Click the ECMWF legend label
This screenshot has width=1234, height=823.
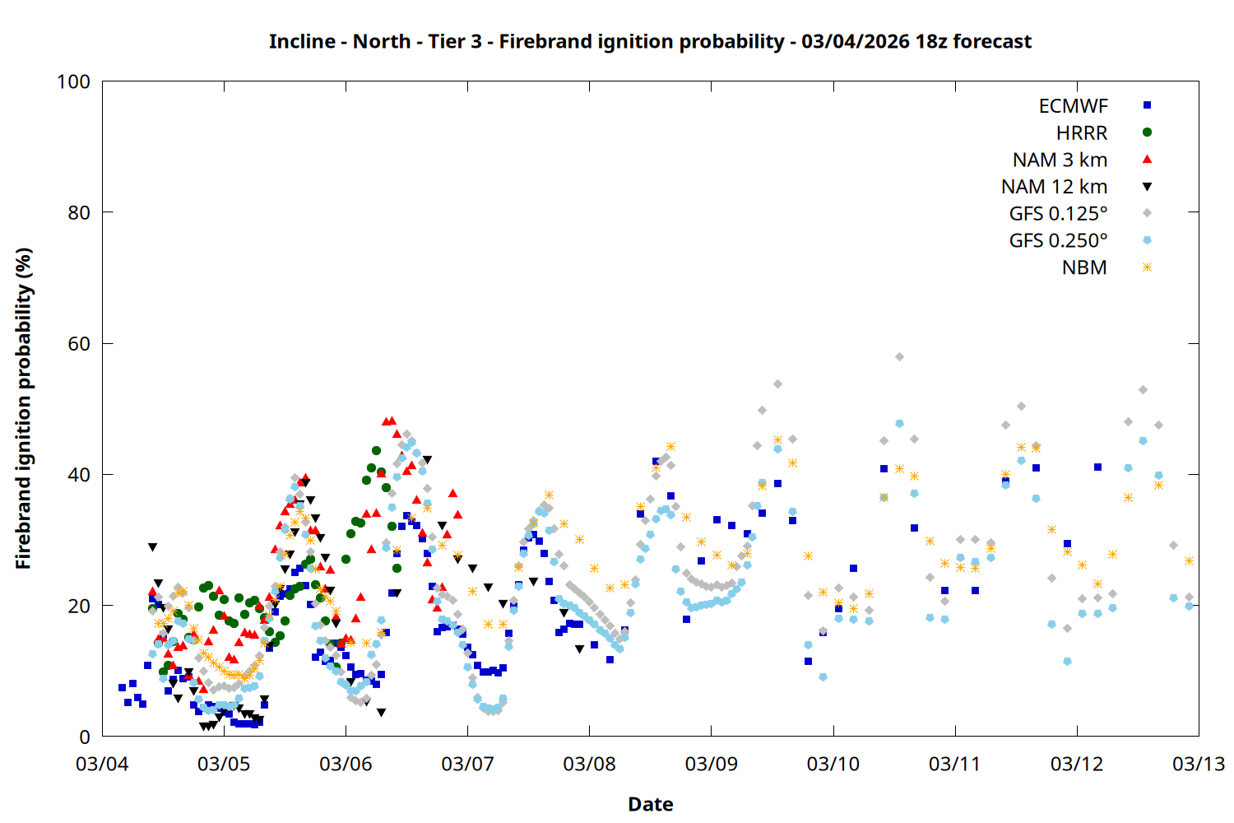[x=1073, y=106]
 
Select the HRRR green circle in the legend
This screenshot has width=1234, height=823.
[x=1147, y=133]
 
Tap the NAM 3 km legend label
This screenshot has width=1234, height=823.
[x=1060, y=160]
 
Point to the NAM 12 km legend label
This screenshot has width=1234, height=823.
[x=1054, y=187]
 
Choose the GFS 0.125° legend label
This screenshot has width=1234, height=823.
[x=1058, y=214]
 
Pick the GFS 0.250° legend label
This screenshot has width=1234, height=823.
[x=1058, y=241]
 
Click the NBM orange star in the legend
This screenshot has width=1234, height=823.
[x=1147, y=267]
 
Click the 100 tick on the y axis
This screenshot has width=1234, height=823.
[x=73, y=81]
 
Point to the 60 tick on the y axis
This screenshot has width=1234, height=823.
[x=79, y=344]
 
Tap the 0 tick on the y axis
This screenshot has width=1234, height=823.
[x=84, y=737]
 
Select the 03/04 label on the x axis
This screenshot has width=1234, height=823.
[x=102, y=765]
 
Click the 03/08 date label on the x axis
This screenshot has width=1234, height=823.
[x=589, y=765]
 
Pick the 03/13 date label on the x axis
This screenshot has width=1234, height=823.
[x=1198, y=765]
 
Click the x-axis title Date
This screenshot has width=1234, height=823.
[x=650, y=804]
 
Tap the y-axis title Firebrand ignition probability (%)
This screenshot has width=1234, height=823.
[x=24, y=409]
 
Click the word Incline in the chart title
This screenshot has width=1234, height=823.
[x=302, y=41]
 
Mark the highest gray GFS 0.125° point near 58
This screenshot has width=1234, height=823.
[x=899, y=357]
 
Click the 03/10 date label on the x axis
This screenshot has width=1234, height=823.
[x=833, y=765]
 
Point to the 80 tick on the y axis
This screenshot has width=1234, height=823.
[x=79, y=212]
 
